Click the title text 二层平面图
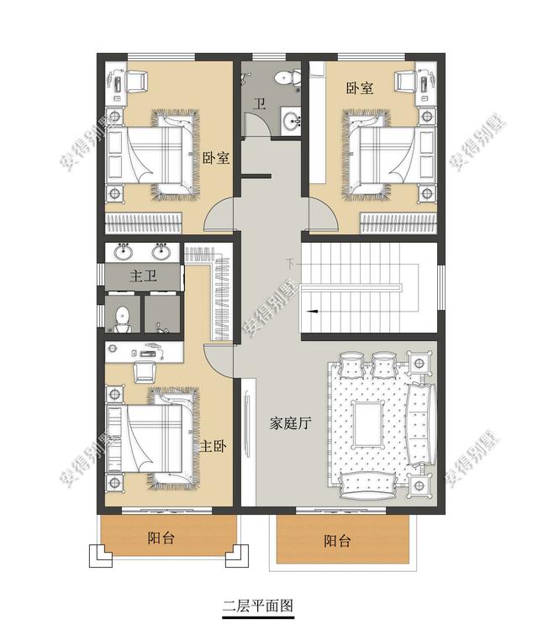click(x=257, y=605)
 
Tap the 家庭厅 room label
click(x=290, y=424)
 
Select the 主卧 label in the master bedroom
click(x=213, y=446)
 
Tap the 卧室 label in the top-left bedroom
click(x=216, y=157)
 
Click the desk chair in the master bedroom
click(x=149, y=369)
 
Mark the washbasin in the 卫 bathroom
click(x=292, y=120)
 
